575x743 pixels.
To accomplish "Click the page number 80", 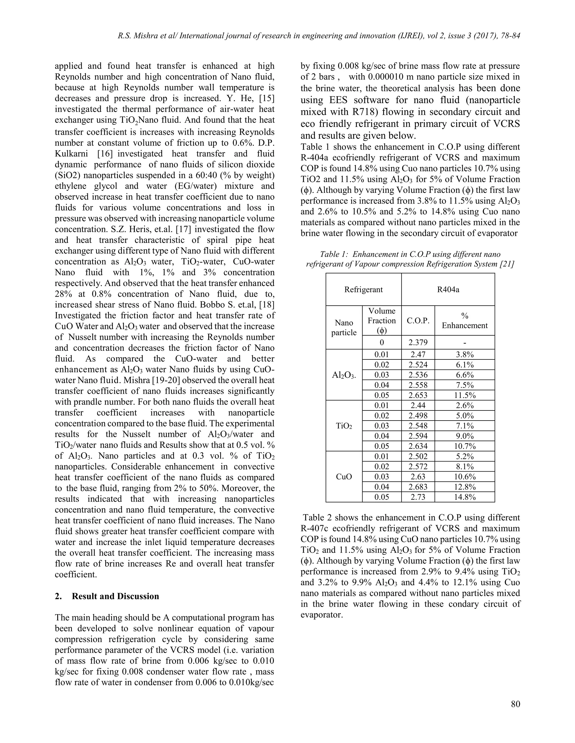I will pos(515,704).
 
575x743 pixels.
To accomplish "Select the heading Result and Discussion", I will pos(115,596).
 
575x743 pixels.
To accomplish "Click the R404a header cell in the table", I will pos(448,290).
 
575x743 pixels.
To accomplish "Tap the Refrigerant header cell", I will pos(364,290).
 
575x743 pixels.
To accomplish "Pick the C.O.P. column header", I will pos(418,320).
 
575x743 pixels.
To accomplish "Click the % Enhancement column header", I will pos(465,320).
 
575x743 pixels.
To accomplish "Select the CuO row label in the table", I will pos(344,477).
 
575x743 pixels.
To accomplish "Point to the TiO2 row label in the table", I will pos(344,426).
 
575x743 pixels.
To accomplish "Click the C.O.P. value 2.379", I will pos(418,342).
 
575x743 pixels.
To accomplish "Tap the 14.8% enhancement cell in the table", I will pos(465,497).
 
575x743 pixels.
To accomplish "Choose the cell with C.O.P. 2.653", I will pos(418,395).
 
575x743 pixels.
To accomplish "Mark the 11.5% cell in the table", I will pos(465,395).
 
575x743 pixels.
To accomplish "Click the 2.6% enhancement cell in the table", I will pos(465,405).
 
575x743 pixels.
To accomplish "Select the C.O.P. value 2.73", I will pos(418,497).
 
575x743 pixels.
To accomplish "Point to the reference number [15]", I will pos(267,98).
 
